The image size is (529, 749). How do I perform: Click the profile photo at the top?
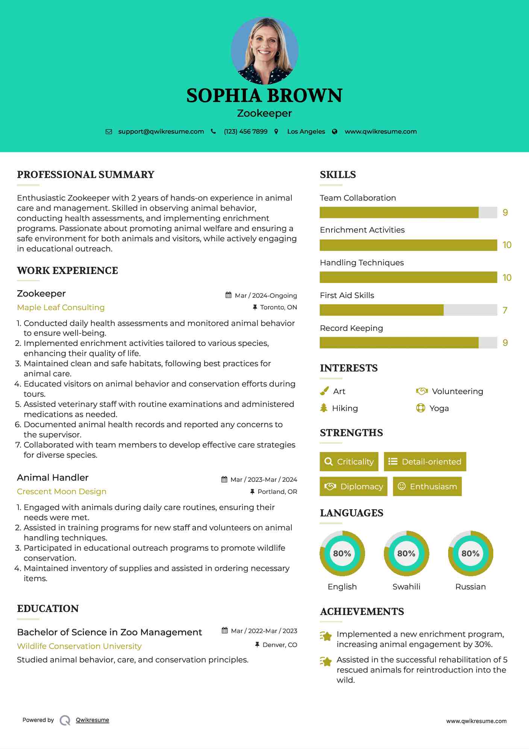tap(265, 50)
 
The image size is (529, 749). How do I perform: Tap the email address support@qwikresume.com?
tap(161, 132)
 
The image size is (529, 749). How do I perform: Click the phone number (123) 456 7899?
tap(246, 132)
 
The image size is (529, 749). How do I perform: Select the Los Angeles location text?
tap(306, 132)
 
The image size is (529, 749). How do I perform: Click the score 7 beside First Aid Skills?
tap(505, 311)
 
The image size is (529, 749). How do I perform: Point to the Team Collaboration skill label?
tap(358, 198)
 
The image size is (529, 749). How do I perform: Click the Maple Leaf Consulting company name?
tap(61, 308)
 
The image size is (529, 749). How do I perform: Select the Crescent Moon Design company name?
tap(62, 492)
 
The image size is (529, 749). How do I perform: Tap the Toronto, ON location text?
tap(278, 308)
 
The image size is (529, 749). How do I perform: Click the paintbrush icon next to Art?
tap(324, 391)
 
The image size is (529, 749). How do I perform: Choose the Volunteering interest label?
tap(457, 391)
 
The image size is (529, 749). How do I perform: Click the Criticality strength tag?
tap(349, 462)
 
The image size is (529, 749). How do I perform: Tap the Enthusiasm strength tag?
tap(427, 487)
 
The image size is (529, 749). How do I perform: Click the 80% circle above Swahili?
tap(406, 554)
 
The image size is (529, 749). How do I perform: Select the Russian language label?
tap(470, 587)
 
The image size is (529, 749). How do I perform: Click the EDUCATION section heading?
tap(48, 609)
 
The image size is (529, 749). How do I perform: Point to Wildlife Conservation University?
tap(79, 646)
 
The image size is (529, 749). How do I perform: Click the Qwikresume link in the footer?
tap(92, 720)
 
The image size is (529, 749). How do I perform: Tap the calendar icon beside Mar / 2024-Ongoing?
tap(228, 295)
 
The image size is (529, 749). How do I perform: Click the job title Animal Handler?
tap(53, 478)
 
